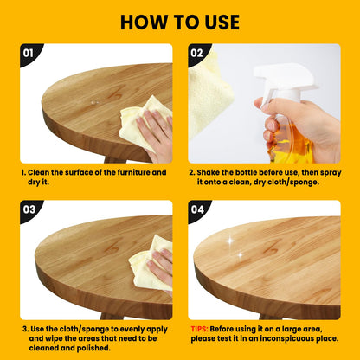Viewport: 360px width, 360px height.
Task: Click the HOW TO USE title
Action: click(x=180, y=22)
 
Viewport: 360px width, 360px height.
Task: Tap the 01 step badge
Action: click(x=29, y=54)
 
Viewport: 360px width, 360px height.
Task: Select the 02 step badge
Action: click(x=198, y=54)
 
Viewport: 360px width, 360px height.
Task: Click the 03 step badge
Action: click(x=29, y=210)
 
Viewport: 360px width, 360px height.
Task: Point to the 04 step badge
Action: click(x=198, y=210)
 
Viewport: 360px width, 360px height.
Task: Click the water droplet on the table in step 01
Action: click(x=93, y=102)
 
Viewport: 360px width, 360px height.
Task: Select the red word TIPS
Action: click(x=199, y=329)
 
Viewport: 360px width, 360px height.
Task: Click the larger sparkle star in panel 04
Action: click(x=229, y=241)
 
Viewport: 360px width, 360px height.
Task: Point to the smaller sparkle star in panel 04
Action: click(x=240, y=255)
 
